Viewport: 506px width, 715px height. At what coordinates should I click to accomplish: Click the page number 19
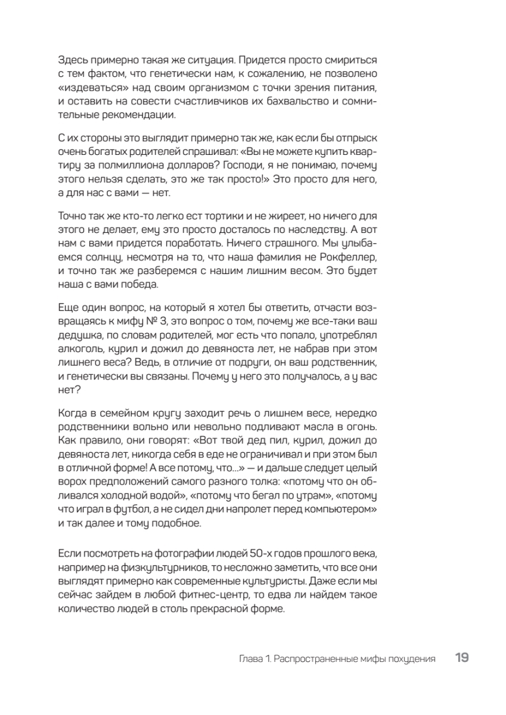coord(461,658)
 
